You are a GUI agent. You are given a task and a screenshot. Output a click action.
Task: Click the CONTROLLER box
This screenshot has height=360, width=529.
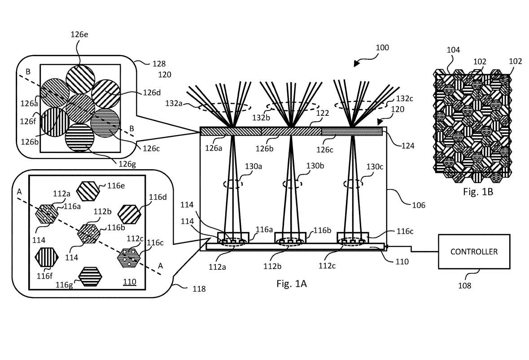pyautogui.click(x=474, y=252)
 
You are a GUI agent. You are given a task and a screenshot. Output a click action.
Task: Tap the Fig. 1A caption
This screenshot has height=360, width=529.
pyautogui.click(x=292, y=284)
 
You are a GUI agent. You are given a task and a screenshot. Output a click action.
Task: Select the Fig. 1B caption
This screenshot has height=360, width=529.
pyautogui.click(x=478, y=192)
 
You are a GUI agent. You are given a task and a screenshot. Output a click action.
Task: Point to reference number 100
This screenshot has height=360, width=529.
pyautogui.click(x=382, y=48)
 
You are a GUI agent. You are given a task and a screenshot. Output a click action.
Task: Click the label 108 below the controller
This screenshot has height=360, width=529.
pyautogui.click(x=464, y=285)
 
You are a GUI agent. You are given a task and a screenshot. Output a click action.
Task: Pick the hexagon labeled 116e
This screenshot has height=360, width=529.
pyautogui.click(x=88, y=191)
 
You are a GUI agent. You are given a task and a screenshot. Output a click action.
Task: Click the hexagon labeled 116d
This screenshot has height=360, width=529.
pyautogui.click(x=130, y=214)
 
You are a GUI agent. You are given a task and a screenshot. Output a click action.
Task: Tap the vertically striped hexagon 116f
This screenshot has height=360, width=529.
pyautogui.click(x=47, y=257)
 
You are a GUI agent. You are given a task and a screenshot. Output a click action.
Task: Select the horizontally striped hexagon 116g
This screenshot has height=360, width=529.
pyautogui.click(x=90, y=277)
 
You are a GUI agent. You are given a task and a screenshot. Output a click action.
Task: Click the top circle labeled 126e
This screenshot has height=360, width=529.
pyautogui.click(x=80, y=79)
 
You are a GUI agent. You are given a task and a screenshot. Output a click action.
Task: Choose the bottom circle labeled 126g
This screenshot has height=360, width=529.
pyautogui.click(x=79, y=137)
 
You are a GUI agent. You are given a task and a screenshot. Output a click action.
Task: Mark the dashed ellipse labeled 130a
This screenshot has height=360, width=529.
pyautogui.click(x=233, y=184)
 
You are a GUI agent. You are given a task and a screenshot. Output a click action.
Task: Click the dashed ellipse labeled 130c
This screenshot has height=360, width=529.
pyautogui.click(x=353, y=184)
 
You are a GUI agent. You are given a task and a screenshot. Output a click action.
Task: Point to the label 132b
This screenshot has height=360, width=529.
pyautogui.click(x=261, y=118)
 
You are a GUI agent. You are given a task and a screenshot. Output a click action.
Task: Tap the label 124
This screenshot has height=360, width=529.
pyautogui.click(x=408, y=146)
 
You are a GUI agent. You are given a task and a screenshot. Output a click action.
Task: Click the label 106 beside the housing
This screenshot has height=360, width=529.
pyautogui.click(x=419, y=205)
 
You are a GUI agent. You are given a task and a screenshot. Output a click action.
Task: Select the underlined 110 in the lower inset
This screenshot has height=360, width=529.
pyautogui.click(x=130, y=282)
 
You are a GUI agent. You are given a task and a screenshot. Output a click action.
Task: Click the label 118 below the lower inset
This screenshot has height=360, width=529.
pyautogui.click(x=199, y=289)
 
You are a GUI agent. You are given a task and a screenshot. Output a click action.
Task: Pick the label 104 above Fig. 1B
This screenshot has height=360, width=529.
pyautogui.click(x=453, y=50)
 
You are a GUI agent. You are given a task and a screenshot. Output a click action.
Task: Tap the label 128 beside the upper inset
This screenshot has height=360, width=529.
pyautogui.click(x=159, y=64)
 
